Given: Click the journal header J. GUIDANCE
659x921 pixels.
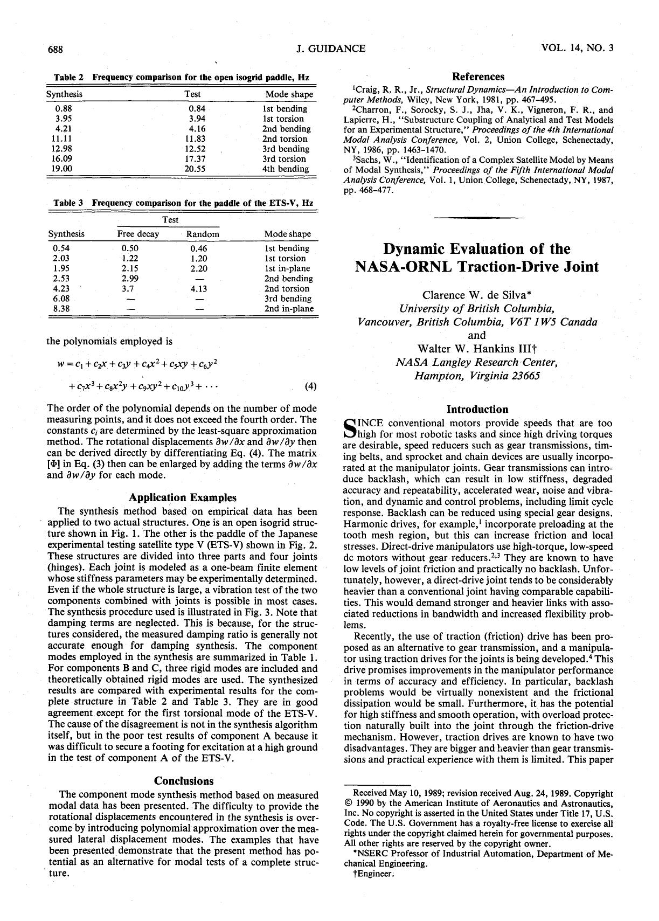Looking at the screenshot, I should point(331,49).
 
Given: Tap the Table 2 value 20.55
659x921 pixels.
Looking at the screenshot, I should point(195,169).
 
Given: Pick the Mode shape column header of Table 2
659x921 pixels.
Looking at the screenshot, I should point(289,94).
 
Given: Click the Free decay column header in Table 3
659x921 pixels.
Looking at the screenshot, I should point(138,234).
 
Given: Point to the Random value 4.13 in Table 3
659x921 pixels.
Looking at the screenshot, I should point(198,288).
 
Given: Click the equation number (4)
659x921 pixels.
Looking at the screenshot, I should point(310,386).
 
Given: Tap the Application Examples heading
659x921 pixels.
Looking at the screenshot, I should point(183,497).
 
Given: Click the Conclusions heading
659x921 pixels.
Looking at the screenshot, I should point(184,781).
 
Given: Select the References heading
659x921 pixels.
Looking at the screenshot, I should point(478,77).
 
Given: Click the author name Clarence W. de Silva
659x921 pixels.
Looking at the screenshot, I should point(477,295).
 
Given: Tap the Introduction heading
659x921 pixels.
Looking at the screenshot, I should point(478,410).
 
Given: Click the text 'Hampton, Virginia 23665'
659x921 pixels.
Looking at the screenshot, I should point(477,375).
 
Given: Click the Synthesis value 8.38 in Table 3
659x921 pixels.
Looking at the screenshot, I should point(61,309).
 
